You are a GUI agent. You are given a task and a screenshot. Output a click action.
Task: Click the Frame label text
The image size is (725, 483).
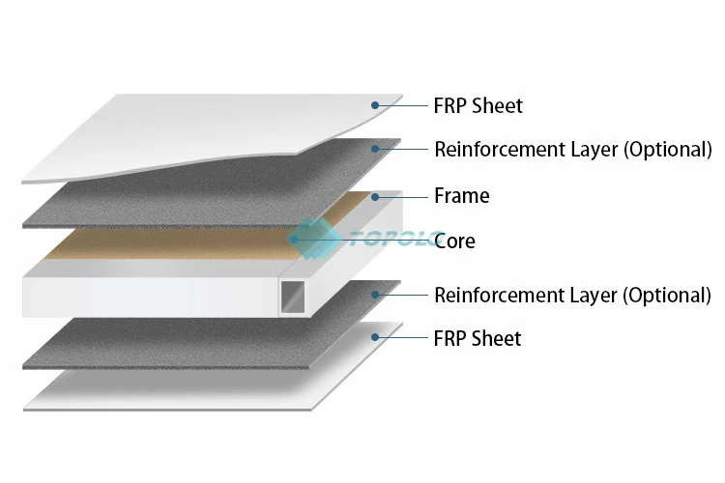click(462, 196)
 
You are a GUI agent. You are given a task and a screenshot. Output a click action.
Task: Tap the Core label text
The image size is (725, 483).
click(454, 241)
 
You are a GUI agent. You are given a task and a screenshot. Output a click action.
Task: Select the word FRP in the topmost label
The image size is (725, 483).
click(450, 105)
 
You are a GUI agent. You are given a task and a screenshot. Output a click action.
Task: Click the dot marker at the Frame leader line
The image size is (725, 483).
click(374, 196)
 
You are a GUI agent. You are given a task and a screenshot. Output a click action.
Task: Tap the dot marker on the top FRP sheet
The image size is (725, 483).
click(374, 104)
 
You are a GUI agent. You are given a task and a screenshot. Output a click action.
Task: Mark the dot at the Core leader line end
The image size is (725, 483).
click(293, 241)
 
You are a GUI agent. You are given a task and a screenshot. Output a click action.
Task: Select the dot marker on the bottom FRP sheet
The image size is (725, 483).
click(374, 338)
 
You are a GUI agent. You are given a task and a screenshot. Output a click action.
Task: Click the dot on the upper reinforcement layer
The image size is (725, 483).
click(374, 149)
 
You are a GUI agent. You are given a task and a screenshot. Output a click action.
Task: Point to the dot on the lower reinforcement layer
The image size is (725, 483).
click(374, 295)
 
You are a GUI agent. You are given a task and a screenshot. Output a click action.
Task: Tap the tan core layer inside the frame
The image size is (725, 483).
click(193, 241)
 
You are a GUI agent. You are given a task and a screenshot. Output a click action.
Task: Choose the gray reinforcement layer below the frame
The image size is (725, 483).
click(193, 338)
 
